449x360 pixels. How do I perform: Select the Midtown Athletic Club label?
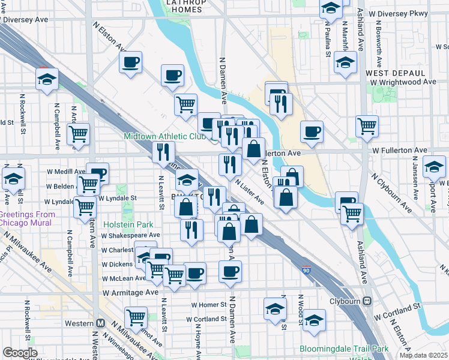[164, 136]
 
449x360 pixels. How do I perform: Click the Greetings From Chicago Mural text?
[26, 219]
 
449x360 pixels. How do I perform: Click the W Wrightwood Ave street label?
[403, 82]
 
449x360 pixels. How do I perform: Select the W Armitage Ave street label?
[130, 292]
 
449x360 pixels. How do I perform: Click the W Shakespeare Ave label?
[130, 235]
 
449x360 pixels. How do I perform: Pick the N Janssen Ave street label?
[415, 179]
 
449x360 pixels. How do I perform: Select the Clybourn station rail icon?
[367, 301]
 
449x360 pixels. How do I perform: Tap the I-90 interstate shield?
[307, 271]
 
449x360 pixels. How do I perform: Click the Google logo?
[20, 353]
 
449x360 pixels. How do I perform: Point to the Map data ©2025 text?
[424, 355]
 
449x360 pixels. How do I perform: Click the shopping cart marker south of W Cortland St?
[136, 317]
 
